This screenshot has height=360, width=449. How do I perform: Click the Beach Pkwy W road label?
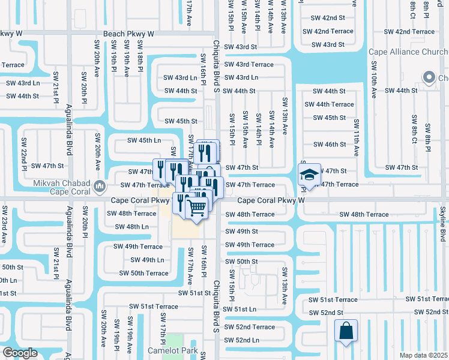point(128,34)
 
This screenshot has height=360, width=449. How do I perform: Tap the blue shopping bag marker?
point(346,331)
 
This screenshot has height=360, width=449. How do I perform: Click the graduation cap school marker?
point(310,175)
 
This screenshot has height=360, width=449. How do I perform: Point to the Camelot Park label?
point(173,350)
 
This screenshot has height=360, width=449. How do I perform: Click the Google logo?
point(20,353)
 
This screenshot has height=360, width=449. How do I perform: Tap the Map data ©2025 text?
point(423,355)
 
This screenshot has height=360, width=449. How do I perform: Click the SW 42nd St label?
point(324,19)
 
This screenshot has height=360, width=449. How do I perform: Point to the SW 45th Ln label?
point(144,140)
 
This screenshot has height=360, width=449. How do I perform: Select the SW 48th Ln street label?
point(131,227)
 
